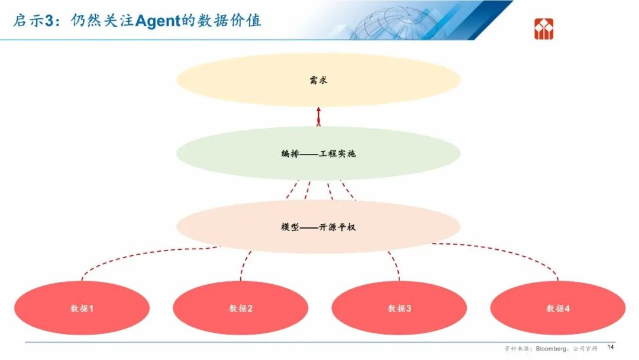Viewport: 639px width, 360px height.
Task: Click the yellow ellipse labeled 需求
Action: [x=318, y=80]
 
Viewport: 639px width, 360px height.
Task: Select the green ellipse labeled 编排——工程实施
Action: [x=318, y=153]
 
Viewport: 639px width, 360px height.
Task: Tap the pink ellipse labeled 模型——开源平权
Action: [x=318, y=227]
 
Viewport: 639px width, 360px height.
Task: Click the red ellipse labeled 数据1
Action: [x=82, y=308]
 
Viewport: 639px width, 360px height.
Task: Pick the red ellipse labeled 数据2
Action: [x=240, y=308]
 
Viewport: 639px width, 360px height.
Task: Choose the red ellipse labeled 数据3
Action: [x=399, y=308]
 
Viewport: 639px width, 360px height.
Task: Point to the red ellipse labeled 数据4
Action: [x=557, y=308]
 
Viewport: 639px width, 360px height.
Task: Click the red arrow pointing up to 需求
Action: [x=318, y=117]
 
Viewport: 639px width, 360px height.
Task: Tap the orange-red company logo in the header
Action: [x=544, y=28]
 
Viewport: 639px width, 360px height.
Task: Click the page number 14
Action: [x=611, y=347]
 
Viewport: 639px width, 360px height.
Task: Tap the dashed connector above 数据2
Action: [x=243, y=265]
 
